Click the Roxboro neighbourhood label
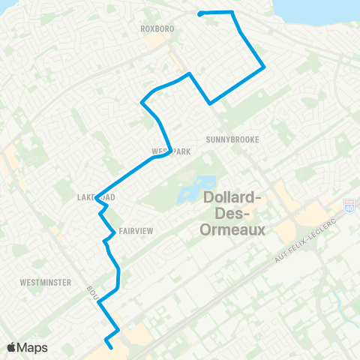(x=157, y=28)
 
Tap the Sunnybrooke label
(x=226, y=139)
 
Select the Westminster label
(x=46, y=283)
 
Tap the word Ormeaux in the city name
(x=233, y=230)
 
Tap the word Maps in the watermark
(x=34, y=347)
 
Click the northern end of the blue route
(x=199, y=13)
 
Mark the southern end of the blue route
(x=112, y=346)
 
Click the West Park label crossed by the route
(x=171, y=151)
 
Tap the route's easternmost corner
(x=265, y=67)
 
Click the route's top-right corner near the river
(x=232, y=12)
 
